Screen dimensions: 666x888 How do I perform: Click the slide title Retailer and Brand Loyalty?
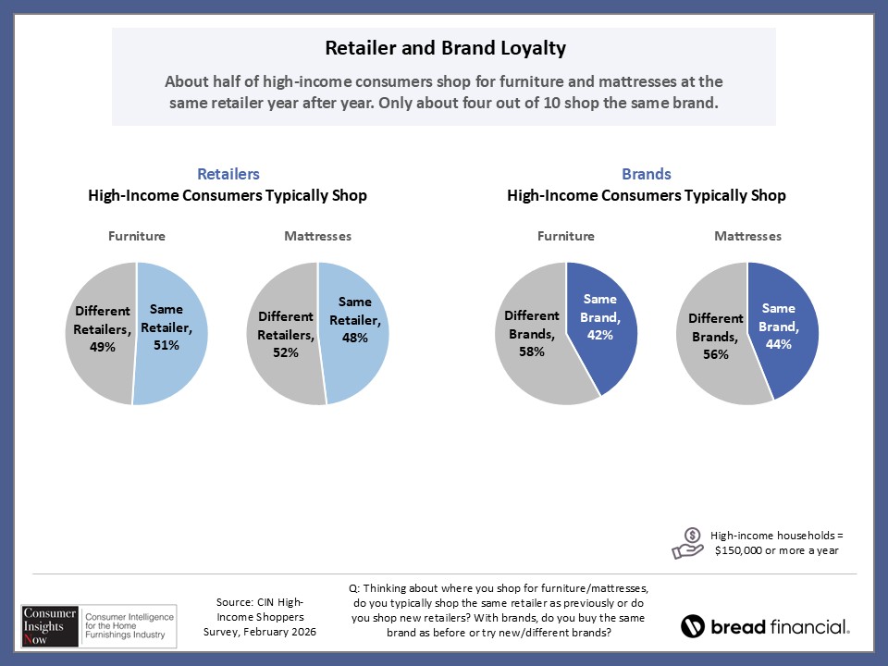[444, 47]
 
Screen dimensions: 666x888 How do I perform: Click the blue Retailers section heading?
[228, 174]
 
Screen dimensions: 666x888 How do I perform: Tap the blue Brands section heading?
[647, 174]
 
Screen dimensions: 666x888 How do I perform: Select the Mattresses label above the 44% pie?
[747, 236]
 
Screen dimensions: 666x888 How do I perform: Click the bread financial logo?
[764, 626]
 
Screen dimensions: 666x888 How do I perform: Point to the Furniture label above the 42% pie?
[565, 236]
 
